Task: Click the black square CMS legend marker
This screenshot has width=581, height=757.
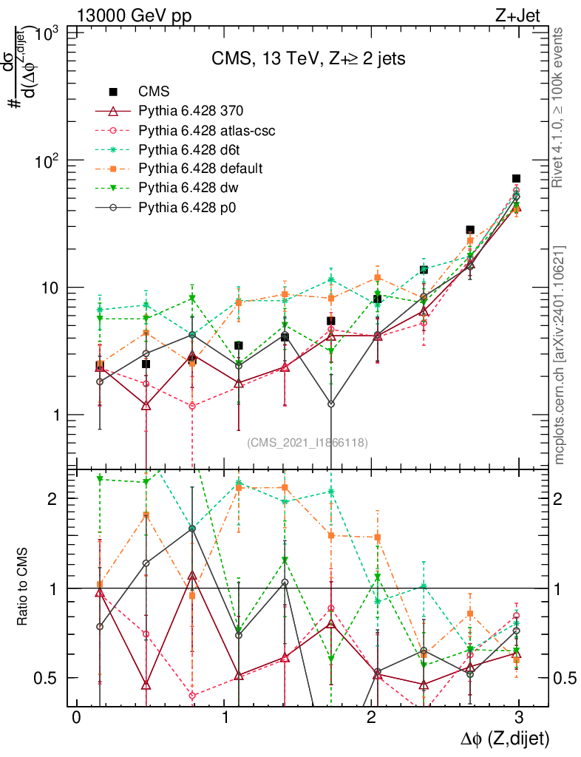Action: click(113, 92)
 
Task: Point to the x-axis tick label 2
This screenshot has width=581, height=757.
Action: click(371, 718)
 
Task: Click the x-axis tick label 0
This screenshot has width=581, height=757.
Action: click(75, 718)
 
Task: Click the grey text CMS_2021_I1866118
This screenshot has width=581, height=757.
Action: click(307, 442)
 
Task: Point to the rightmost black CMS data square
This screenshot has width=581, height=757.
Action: click(516, 178)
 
